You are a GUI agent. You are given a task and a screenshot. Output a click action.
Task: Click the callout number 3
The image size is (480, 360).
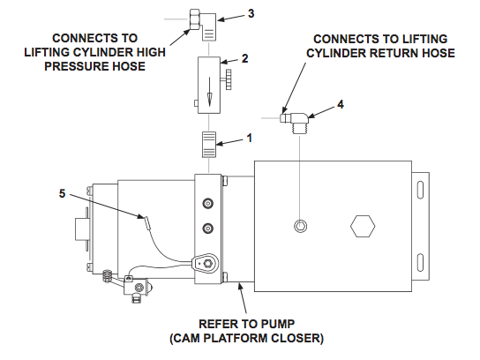(x=251, y=14)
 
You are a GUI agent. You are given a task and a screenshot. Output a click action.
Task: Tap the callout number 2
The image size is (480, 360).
(x=244, y=59)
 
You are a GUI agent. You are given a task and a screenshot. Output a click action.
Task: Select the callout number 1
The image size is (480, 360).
(x=250, y=138)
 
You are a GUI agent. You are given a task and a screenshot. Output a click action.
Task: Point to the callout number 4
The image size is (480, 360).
(x=340, y=105)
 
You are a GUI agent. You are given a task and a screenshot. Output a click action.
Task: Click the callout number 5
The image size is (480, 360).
(x=62, y=193)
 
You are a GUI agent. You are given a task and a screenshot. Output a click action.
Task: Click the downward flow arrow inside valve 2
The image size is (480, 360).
(x=209, y=92)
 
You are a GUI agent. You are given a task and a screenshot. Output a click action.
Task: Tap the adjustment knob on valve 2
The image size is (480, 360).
(x=227, y=79)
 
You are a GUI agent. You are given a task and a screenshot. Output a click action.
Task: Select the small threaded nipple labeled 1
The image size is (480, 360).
(x=209, y=145)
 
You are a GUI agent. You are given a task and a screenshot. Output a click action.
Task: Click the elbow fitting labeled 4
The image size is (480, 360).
(x=295, y=122)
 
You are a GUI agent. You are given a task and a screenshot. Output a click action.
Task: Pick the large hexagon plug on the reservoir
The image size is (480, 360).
(x=363, y=226)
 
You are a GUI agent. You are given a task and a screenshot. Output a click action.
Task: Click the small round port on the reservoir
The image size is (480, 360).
(x=300, y=226)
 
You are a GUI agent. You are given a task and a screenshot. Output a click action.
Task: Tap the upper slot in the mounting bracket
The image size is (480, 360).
(x=420, y=190)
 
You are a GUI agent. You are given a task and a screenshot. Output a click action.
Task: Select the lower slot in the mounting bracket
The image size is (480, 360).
(x=420, y=262)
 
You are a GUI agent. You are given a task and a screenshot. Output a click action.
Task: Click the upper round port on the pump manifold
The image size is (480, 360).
(x=208, y=203)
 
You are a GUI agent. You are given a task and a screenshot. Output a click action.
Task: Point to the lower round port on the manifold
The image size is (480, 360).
(x=208, y=229)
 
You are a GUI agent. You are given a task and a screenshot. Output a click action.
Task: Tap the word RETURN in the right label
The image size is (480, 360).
(x=394, y=53)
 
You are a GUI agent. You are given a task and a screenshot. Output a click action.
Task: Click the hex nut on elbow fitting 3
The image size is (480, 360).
(x=195, y=19)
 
